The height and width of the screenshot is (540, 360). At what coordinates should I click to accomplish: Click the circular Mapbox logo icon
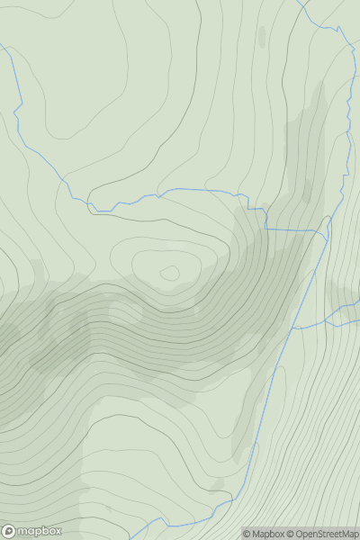9,531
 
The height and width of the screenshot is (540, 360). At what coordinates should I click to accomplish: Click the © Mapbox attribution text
267,534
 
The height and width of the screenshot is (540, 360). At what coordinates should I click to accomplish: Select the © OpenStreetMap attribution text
326,534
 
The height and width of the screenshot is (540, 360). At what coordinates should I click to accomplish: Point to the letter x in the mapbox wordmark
57,531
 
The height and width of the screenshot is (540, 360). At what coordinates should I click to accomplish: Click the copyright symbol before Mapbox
247,534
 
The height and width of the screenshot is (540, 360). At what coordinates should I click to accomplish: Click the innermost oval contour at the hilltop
169,272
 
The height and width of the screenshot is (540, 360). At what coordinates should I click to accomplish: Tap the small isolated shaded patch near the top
262,36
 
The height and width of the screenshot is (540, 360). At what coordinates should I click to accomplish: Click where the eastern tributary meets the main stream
292,328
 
